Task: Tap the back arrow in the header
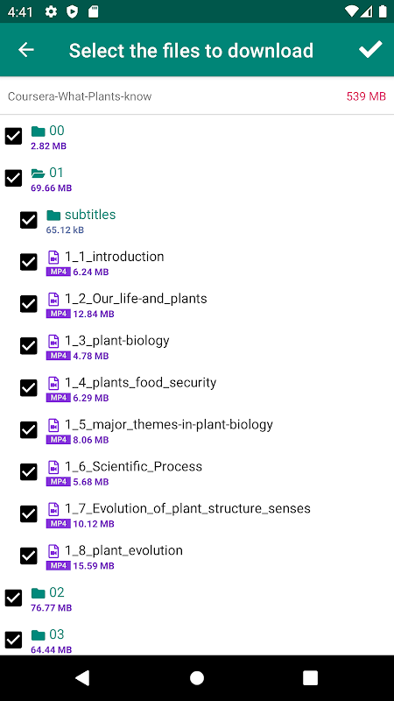pyautogui.click(x=26, y=50)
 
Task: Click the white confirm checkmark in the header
pyautogui.click(x=370, y=49)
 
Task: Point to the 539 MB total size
pyautogui.click(x=366, y=96)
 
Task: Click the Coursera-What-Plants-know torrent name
pyautogui.click(x=80, y=96)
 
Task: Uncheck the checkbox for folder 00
pyautogui.click(x=13, y=136)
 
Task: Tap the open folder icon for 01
pyautogui.click(x=39, y=173)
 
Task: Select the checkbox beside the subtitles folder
pyautogui.click(x=29, y=220)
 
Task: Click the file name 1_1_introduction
pyautogui.click(x=115, y=257)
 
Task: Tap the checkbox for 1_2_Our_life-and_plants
pyautogui.click(x=29, y=304)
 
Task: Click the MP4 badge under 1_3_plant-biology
pyautogui.click(x=59, y=356)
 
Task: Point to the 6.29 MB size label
pyautogui.click(x=91, y=398)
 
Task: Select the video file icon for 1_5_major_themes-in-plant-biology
pyautogui.click(x=53, y=425)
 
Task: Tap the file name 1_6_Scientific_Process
pyautogui.click(x=134, y=467)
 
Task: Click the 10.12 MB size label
pyautogui.click(x=94, y=524)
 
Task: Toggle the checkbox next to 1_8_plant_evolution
pyautogui.click(x=29, y=556)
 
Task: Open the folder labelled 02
pyautogui.click(x=57, y=592)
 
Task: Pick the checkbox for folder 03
pyautogui.click(x=13, y=640)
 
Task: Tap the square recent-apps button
pyautogui.click(x=310, y=677)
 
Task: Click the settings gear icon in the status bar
pyautogui.click(x=52, y=12)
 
